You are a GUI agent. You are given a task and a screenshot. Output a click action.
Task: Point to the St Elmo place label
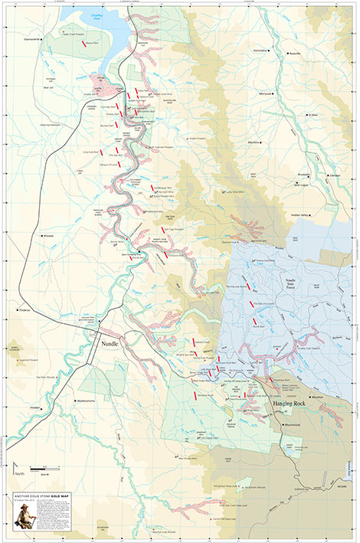click(312, 116)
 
